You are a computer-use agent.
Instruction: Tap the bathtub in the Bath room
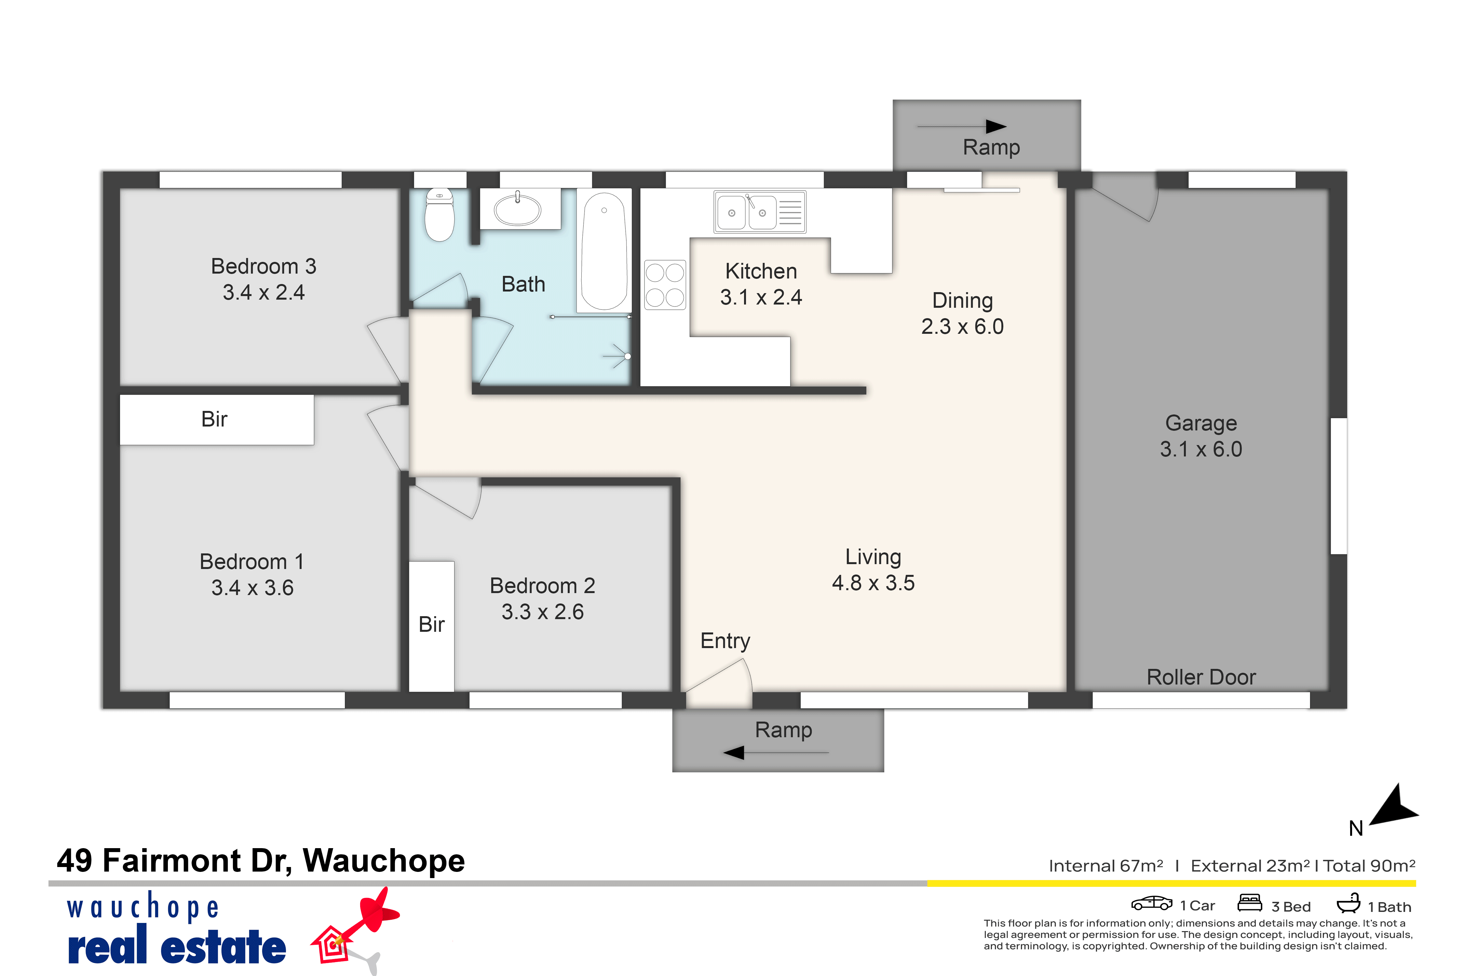tap(604, 251)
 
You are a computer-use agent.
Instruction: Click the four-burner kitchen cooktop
tap(665, 284)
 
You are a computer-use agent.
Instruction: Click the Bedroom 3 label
tap(264, 266)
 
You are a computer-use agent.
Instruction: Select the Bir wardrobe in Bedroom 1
tap(217, 420)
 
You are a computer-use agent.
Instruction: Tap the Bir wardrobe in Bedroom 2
tap(431, 626)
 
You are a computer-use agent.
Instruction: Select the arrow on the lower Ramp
tap(776, 752)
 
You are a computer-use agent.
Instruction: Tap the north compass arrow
tap(1396, 808)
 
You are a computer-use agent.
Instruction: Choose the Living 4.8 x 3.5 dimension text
tap(873, 583)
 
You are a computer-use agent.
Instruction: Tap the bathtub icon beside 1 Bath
tap(1348, 903)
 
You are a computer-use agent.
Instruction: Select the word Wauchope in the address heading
tap(384, 861)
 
